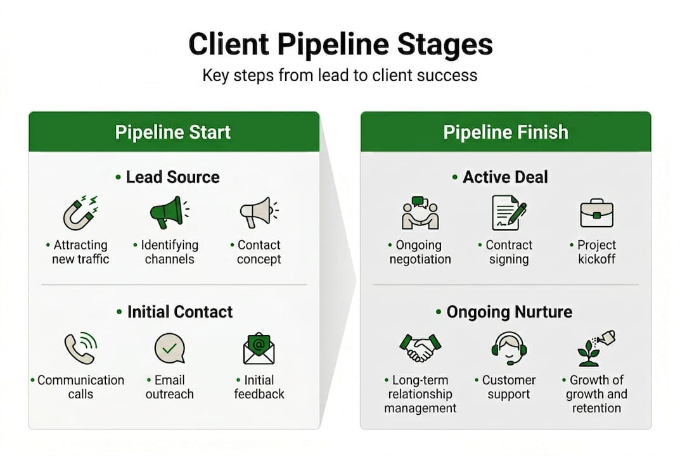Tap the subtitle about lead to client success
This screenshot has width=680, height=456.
click(340, 75)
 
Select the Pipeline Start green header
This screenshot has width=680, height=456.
click(173, 132)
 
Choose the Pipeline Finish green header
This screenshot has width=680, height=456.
click(505, 132)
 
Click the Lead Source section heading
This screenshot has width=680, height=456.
click(172, 177)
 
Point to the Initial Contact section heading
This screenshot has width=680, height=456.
click(179, 312)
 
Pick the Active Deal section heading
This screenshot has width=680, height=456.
click(504, 177)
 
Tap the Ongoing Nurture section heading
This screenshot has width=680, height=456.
click(509, 312)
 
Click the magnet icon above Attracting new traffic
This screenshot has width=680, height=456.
click(80, 213)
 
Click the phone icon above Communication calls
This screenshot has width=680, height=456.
click(80, 348)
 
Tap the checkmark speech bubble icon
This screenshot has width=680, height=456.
click(169, 348)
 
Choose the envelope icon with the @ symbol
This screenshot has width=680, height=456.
click(259, 349)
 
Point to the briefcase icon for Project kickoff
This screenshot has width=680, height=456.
click(596, 213)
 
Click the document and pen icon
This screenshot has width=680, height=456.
click(509, 213)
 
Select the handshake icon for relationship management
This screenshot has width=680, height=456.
click(420, 348)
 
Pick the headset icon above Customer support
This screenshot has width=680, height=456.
click(508, 348)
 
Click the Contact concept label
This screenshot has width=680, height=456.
click(259, 252)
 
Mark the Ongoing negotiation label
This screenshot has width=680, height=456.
click(420, 252)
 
